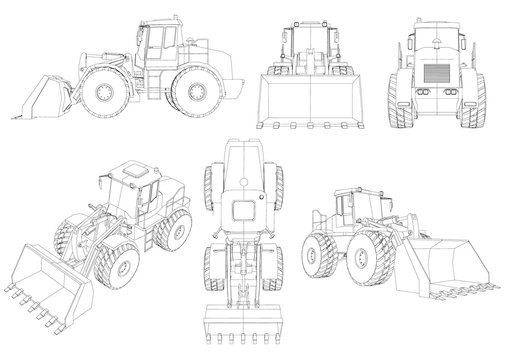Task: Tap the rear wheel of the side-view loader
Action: (189, 98)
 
